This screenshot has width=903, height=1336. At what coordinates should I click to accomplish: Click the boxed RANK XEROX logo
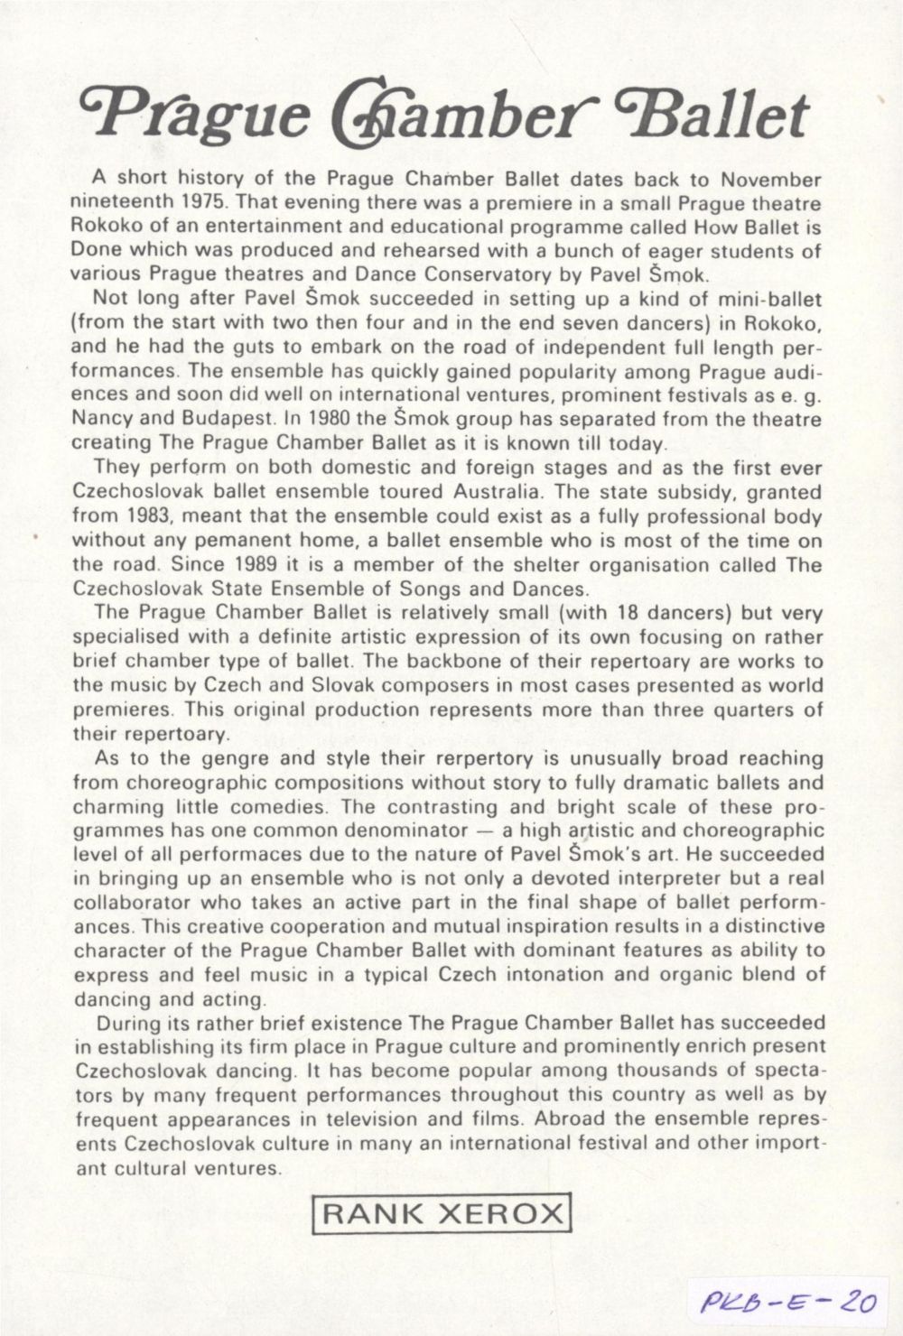point(442,1212)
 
